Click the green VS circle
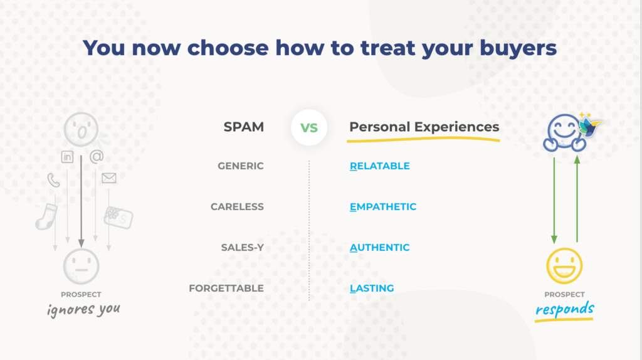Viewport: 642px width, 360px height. (x=308, y=127)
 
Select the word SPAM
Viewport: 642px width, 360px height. (x=244, y=127)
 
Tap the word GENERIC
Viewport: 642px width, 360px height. (x=240, y=166)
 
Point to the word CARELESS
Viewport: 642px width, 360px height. (x=237, y=207)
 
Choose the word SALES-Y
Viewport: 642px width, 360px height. (x=243, y=247)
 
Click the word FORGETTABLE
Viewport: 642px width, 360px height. (x=226, y=289)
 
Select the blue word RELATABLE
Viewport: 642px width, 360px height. (x=379, y=166)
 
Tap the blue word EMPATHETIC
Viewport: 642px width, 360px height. (x=383, y=207)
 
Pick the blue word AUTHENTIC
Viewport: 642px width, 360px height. (x=379, y=247)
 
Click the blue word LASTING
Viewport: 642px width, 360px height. (x=372, y=289)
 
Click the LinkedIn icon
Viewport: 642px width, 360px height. (x=67, y=157)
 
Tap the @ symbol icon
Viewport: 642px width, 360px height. (x=97, y=156)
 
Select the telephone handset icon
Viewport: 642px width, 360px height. (x=53, y=180)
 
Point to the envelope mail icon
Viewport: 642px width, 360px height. (x=109, y=178)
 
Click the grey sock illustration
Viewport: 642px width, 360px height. (x=46, y=216)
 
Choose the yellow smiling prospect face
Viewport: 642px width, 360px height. (x=564, y=266)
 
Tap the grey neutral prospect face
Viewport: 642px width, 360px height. (x=81, y=266)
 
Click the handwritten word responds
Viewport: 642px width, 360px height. (x=565, y=309)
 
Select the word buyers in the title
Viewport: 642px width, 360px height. (x=518, y=48)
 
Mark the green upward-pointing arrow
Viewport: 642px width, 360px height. (x=577, y=199)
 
